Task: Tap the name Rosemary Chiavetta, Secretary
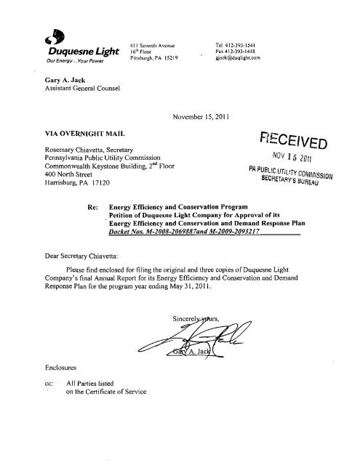pyautogui.click(x=91, y=151)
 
